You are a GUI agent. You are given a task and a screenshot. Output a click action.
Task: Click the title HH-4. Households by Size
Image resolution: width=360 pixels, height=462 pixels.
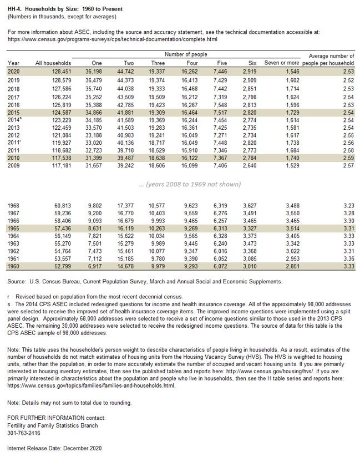pos(65,9)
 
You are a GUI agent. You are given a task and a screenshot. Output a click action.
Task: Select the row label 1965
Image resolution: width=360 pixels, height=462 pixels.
pos(14,229)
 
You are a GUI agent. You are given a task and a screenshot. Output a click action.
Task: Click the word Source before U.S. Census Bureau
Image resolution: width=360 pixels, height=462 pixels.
pos(17,282)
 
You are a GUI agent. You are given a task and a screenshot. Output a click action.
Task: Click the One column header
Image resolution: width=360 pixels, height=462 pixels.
pos(97,64)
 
